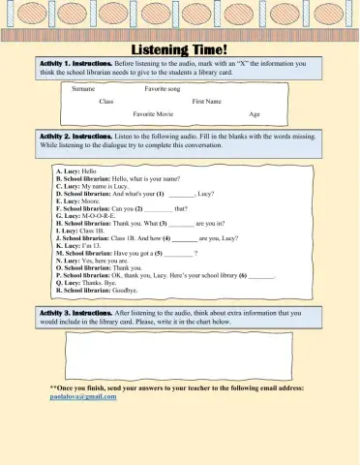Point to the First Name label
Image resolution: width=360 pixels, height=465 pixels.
pyautogui.click(x=207, y=101)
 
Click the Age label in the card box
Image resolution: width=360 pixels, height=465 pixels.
pyautogui.click(x=255, y=114)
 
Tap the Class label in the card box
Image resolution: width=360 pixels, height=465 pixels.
pyautogui.click(x=106, y=101)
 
